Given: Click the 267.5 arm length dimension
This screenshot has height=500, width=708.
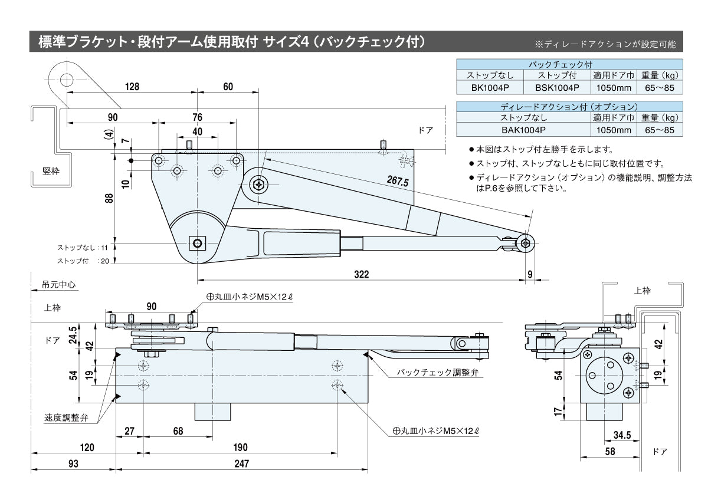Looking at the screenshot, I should pos(398,181).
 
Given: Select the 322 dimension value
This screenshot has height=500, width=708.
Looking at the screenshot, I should pos(361,274).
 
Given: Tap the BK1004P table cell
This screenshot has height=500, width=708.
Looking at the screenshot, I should pos(490,87).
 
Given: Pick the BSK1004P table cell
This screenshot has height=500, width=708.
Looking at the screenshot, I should pos(557,87).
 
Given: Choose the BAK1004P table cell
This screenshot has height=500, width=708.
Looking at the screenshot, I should pos(524,130).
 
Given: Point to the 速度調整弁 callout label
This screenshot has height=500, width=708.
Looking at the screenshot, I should pos(66,417).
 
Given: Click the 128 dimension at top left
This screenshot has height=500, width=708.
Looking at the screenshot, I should pos(132,87).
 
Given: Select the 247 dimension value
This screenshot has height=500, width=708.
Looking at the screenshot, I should pos(241,464).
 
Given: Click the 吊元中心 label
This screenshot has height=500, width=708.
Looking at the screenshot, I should pos(59,284).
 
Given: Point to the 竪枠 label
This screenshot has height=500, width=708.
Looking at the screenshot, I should pos(50,172).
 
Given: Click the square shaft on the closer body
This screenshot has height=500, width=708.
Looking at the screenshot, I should pos(197,242).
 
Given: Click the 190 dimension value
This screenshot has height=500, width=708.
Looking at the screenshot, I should pos(240,448).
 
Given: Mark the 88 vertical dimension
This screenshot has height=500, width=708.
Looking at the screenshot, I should pos(109,199).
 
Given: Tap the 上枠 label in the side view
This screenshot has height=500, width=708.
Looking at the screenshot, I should pos(642,291).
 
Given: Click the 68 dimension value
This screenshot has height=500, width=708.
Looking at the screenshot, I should pos(178,431).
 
